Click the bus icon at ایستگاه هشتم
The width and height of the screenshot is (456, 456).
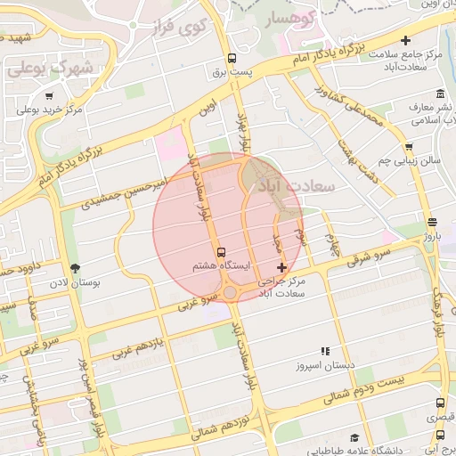click(221, 251)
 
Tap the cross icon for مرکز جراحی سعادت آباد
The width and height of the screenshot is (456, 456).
click(282, 267)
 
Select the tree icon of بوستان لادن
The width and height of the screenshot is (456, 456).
click(74, 267)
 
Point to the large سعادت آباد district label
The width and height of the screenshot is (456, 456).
click(296, 186)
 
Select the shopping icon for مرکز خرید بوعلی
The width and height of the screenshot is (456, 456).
click(49, 96)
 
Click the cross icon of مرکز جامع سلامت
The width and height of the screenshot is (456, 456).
click(406, 40)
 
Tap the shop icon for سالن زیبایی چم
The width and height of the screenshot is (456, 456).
click(409, 148)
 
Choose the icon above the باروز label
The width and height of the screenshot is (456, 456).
click(432, 223)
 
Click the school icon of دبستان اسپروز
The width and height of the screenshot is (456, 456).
click(325, 352)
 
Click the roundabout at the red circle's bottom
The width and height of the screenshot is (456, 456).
click(232, 292)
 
